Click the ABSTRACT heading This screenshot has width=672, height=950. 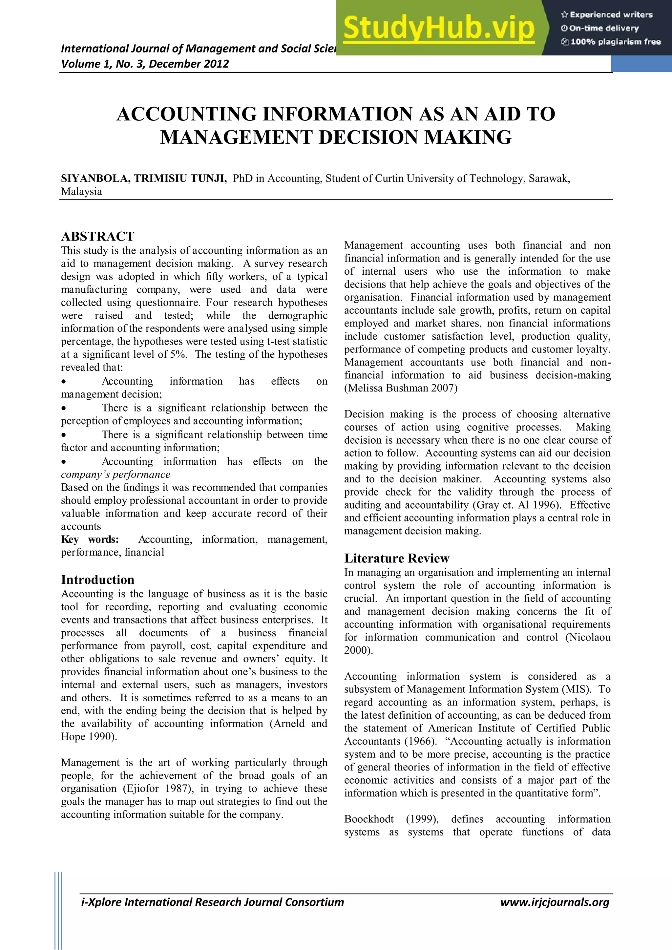[98, 236]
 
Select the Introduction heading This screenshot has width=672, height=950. [98, 580]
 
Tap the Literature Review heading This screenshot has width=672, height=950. [396, 559]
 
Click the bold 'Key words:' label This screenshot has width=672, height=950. [90, 539]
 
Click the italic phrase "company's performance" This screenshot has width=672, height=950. [115, 475]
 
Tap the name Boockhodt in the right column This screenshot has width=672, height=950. [369, 819]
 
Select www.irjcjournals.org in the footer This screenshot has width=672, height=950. [555, 902]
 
